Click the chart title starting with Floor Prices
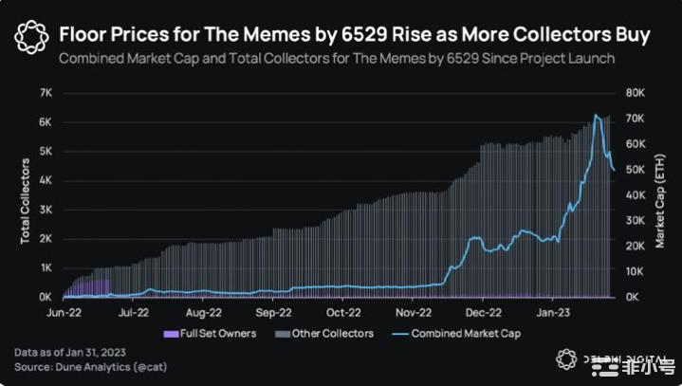355,35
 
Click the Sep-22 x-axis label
272,311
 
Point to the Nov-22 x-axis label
414,311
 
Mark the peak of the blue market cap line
596,115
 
